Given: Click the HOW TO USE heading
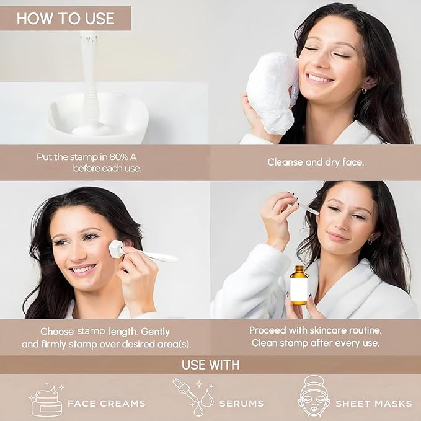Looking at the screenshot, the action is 66,18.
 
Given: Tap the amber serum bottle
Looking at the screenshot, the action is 299,285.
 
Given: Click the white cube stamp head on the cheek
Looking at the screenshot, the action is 116,249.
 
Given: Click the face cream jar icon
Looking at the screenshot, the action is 47,399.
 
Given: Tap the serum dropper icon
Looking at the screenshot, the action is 194,396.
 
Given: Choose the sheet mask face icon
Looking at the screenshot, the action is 313,396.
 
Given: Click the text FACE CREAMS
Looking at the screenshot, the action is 107,403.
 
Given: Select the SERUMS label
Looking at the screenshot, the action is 241,403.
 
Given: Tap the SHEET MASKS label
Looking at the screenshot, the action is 373,403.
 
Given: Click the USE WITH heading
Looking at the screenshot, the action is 211,365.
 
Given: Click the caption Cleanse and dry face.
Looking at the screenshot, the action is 316,162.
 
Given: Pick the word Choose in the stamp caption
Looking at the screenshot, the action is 57,332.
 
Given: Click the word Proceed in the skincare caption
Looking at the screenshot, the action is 267,330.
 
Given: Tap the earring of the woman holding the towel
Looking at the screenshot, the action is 364,91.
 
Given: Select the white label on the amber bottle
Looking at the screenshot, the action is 299,288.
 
